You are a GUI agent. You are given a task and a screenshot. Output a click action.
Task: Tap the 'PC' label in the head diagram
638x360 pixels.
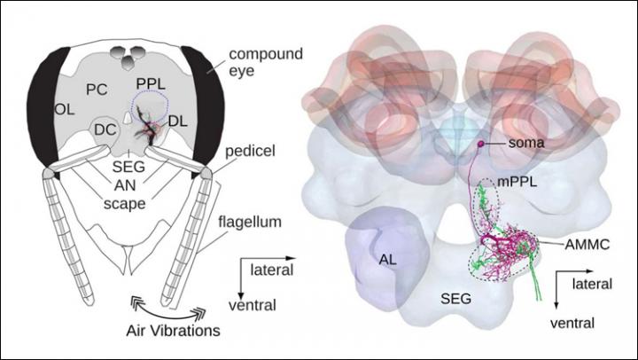click(x=97, y=89)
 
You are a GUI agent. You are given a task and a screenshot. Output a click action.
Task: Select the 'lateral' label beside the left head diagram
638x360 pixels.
click(x=268, y=266)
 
